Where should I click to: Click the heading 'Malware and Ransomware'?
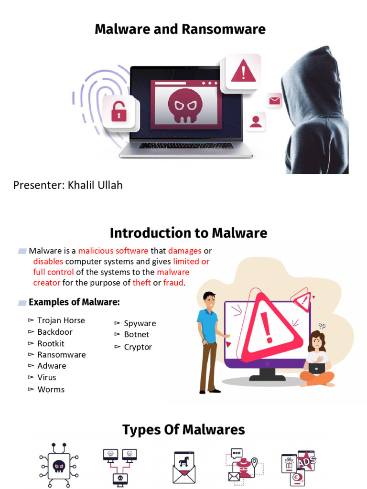coord(180,29)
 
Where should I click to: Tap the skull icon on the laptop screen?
coord(185,105)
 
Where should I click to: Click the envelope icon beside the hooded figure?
coord(274,100)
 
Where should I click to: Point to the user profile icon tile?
coord(256,121)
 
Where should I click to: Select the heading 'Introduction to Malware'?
coord(188,233)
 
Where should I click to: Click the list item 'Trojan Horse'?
coord(61,320)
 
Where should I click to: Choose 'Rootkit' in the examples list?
coord(51,343)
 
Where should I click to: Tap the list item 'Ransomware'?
coord(62,355)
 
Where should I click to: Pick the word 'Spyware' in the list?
coord(140,323)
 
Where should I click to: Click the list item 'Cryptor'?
coord(138,347)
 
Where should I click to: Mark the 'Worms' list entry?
coord(51,389)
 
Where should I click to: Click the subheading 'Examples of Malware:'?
coord(74,302)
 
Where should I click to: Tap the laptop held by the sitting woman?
coord(316,368)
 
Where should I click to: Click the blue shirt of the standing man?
coord(208,325)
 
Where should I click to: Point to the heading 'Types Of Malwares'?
coord(183,430)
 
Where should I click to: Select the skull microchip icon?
coord(59,465)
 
